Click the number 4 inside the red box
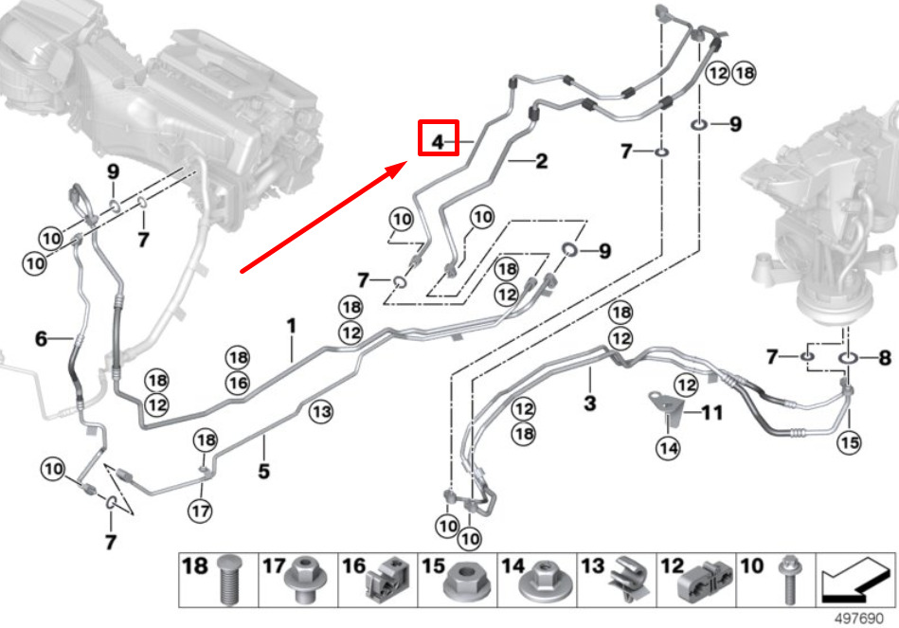point(438,141)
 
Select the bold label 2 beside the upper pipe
point(541,161)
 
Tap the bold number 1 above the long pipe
point(292,327)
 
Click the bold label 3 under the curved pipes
point(590,403)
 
